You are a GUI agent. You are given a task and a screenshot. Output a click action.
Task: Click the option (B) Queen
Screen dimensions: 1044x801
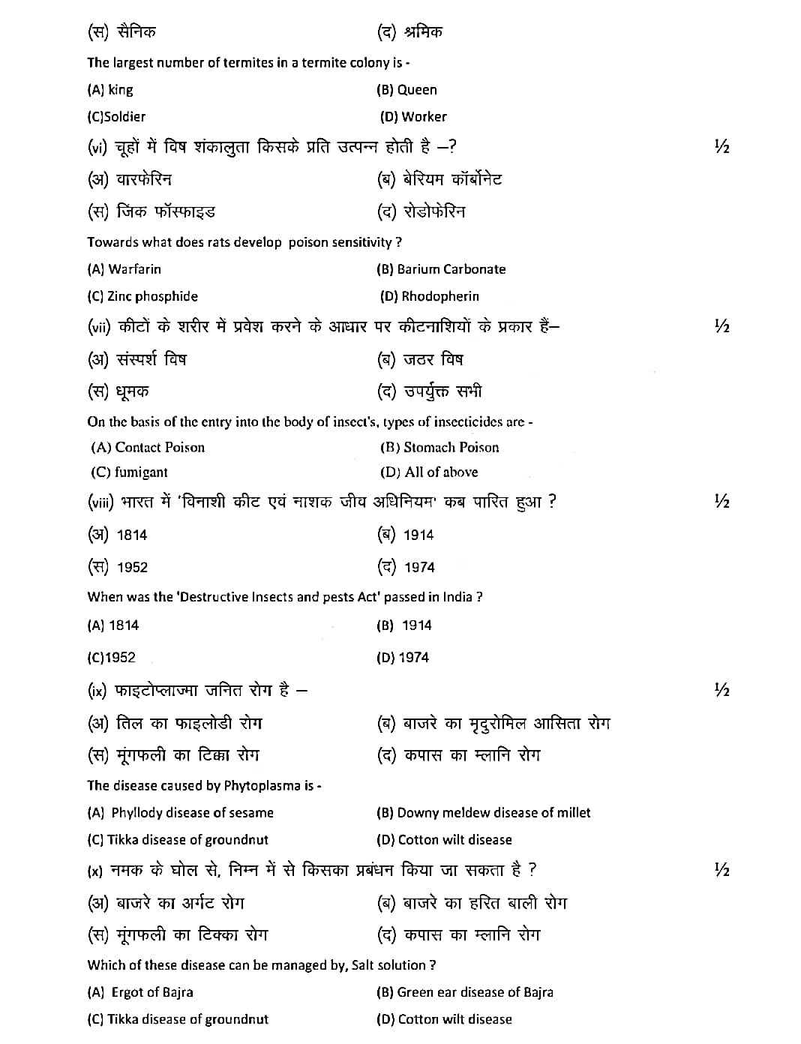coord(406,90)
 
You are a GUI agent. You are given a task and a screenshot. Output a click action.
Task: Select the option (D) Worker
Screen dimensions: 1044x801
coord(413,117)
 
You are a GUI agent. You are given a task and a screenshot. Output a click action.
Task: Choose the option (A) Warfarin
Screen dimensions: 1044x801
coord(124,269)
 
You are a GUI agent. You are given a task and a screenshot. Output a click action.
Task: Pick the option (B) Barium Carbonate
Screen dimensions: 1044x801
coord(441,269)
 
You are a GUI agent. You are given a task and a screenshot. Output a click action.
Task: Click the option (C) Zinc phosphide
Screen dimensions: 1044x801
coord(142,296)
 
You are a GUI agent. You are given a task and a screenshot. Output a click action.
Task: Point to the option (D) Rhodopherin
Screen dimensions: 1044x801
coord(429,296)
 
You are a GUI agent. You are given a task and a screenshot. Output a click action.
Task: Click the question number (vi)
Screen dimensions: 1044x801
coord(98,148)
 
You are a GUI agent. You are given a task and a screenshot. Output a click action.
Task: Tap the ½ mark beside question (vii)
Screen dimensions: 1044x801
coord(721,326)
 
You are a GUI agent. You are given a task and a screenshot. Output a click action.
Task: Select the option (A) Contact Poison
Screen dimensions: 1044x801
coord(148,448)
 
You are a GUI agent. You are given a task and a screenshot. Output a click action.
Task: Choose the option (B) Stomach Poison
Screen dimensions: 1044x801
coord(439,448)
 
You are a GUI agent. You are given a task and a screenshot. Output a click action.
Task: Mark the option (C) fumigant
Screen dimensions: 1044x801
coord(129,472)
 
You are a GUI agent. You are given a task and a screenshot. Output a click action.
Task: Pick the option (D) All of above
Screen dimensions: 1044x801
coord(429,472)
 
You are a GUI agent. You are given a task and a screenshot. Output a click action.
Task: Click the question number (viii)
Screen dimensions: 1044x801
coord(101,502)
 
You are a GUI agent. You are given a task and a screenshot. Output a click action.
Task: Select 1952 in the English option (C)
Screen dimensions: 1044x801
coord(121,658)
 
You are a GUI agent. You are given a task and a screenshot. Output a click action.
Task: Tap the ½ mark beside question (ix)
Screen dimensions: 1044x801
coord(721,690)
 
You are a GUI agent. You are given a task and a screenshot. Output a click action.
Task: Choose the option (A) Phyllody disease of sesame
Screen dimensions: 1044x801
coord(181,813)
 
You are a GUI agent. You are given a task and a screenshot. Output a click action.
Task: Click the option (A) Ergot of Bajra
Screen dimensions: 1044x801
coord(140,992)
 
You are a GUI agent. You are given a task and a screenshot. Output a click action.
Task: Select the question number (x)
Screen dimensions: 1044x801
coord(95,871)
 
